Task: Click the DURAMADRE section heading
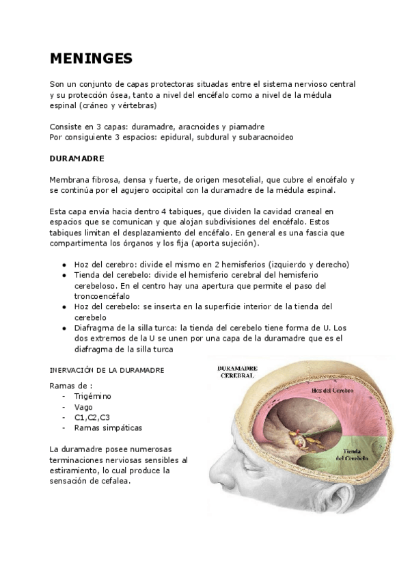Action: (77, 158)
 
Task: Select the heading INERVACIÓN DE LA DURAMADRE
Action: (107, 370)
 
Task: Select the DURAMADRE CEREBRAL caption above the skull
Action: (236, 371)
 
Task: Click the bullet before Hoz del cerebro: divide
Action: (64, 265)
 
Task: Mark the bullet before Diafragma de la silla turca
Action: (64, 328)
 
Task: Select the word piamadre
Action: (247, 127)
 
